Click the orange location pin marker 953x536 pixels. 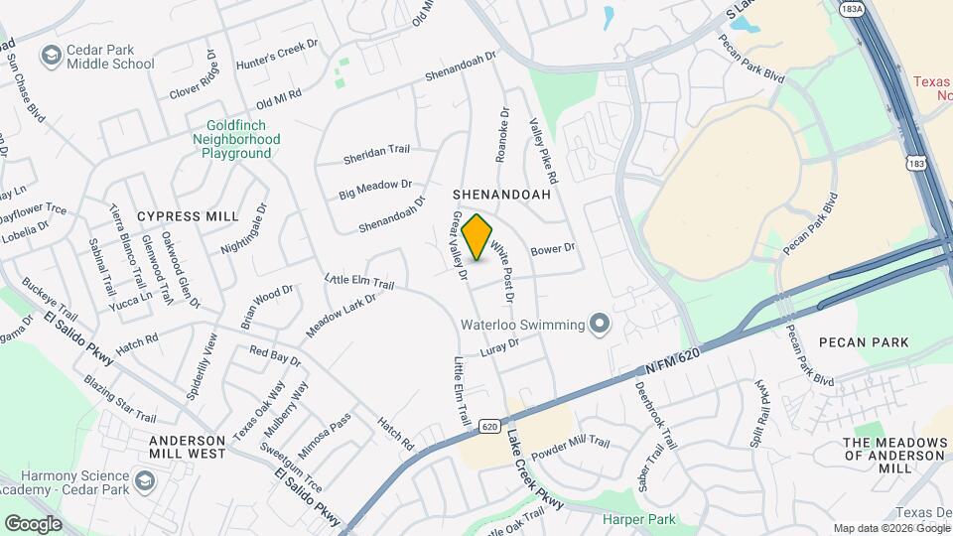(x=477, y=237)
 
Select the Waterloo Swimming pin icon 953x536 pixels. (x=599, y=324)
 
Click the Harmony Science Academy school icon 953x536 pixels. (x=147, y=482)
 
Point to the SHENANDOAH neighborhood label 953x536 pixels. (x=501, y=196)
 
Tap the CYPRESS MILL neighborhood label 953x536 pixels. (x=188, y=216)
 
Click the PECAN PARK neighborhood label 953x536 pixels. (x=864, y=342)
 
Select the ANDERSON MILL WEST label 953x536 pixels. (x=188, y=447)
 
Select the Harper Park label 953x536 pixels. (x=639, y=519)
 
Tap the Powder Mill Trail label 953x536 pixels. (x=570, y=446)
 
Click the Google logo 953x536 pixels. (x=33, y=523)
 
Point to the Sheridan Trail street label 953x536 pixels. (x=376, y=150)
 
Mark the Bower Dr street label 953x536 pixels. (x=554, y=249)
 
